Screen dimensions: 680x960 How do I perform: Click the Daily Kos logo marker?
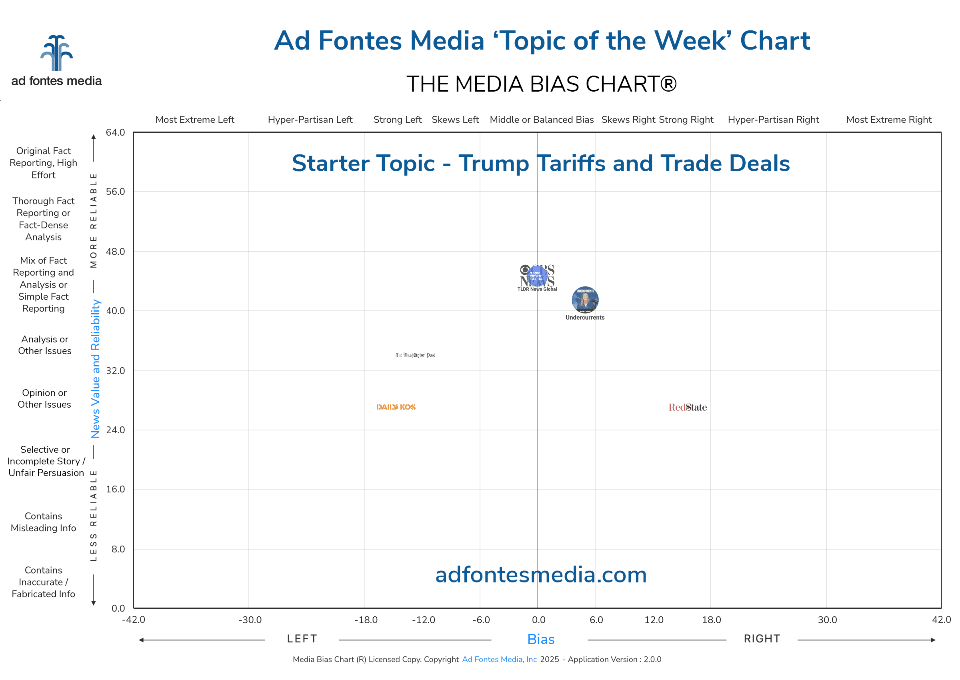tap(396, 407)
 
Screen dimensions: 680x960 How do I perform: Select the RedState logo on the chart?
tap(688, 408)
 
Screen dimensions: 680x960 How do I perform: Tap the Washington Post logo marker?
tap(415, 355)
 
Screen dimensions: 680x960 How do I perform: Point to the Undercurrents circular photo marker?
tap(585, 300)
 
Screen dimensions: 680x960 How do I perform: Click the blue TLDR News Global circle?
tap(537, 276)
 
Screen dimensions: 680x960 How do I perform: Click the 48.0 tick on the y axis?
tap(115, 252)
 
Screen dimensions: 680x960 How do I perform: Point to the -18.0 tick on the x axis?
tap(366, 620)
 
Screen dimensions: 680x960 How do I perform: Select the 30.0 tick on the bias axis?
tap(827, 620)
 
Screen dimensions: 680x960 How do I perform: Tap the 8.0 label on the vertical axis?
tap(118, 549)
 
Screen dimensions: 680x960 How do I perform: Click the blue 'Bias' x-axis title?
tap(540, 639)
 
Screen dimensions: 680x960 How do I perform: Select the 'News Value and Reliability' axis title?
tap(96, 368)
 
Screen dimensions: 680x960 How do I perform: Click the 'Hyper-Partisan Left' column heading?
tap(310, 120)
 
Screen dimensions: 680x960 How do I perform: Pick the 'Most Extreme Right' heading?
tap(888, 120)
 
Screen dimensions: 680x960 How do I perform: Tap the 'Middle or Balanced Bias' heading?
tap(541, 120)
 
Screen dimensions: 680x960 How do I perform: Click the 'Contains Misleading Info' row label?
tap(44, 522)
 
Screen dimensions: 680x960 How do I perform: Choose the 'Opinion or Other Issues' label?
tap(44, 399)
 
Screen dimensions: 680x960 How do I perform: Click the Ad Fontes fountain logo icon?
tap(56, 53)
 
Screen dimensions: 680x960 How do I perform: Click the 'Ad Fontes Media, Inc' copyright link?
tap(499, 660)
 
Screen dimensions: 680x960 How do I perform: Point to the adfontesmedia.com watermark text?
tap(540, 575)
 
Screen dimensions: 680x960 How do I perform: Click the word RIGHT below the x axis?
tap(762, 639)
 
